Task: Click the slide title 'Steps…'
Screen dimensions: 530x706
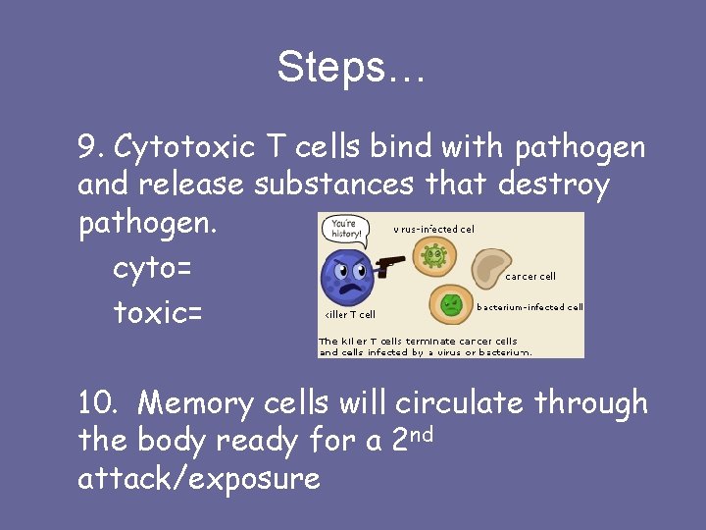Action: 351,68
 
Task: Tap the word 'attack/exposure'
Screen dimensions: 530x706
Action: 199,479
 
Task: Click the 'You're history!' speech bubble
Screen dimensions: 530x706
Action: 344,229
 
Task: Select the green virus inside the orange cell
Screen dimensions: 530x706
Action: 433,256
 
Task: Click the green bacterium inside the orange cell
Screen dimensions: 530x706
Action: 451,304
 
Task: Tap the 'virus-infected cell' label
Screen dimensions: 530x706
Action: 433,229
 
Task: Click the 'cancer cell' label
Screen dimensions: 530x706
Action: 530,277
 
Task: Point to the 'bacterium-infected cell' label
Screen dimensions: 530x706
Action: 529,307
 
